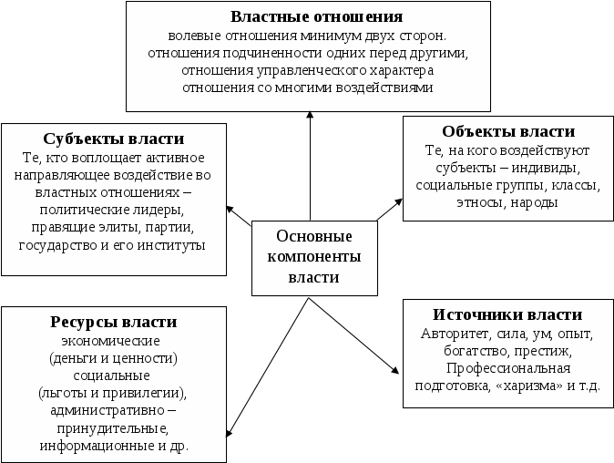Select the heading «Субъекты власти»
[x=114, y=139]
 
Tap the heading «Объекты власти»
[x=507, y=131]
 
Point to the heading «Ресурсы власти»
[x=114, y=322]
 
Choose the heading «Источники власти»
[x=507, y=316]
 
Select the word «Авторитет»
[x=456, y=334]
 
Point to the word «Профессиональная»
[x=507, y=368]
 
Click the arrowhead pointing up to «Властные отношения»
[x=311, y=116]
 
